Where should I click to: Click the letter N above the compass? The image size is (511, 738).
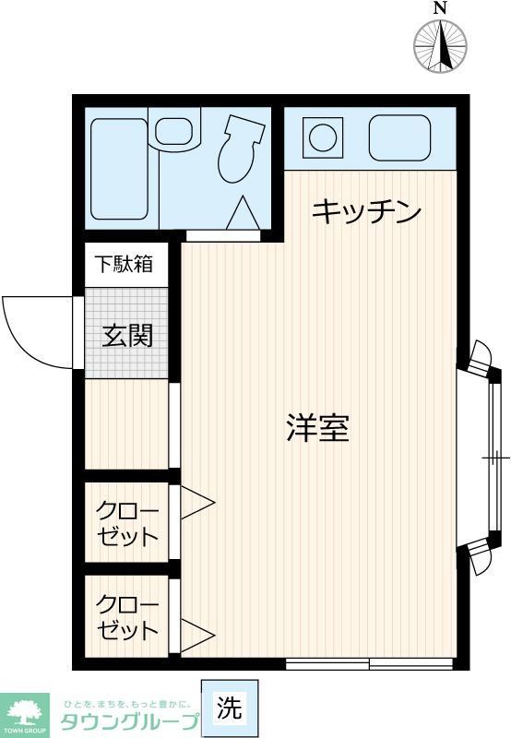pos(440,8)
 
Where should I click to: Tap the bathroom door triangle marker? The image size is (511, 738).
pos(242,214)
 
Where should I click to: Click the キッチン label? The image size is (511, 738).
pos(366,212)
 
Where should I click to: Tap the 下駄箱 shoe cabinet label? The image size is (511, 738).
pos(126,265)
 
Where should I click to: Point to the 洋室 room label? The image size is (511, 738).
pos(317,428)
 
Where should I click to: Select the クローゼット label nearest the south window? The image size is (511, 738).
pos(128,618)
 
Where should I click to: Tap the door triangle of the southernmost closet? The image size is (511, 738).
pos(196,635)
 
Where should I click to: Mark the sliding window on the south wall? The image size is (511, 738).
pos(369,662)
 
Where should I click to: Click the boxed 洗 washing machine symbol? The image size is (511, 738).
pos(230,708)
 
